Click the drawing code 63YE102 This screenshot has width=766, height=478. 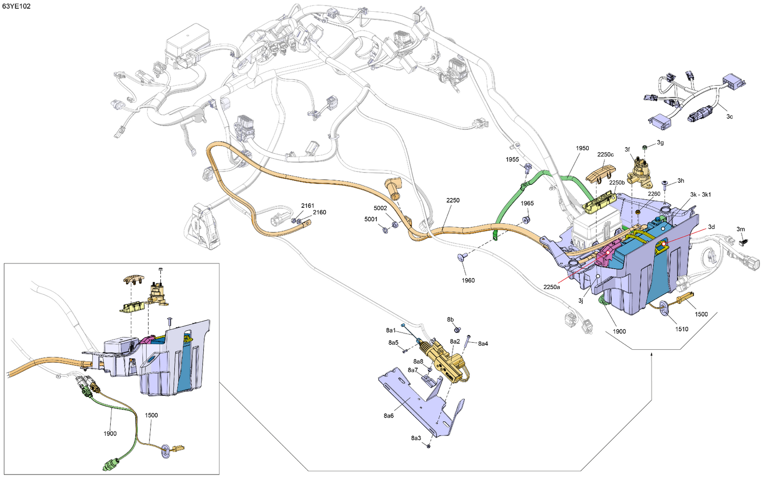point(16,6)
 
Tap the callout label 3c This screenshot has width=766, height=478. point(729,116)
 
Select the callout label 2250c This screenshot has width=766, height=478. point(605,155)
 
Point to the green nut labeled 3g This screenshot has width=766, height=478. point(645,148)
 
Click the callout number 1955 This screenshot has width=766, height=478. point(512,159)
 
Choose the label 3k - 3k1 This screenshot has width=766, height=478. point(700,195)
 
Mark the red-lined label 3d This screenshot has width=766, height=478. point(711,227)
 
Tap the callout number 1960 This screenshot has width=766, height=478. point(468,280)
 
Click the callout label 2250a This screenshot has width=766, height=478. point(552,287)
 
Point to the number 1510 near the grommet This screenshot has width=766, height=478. point(682,329)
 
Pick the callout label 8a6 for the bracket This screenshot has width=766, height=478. point(389,416)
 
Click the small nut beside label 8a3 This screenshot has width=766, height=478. point(428,446)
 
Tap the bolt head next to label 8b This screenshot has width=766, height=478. point(457,329)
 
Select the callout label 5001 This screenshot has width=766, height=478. point(371,219)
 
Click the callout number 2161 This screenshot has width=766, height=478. point(307,205)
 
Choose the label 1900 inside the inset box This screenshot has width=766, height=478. point(110,434)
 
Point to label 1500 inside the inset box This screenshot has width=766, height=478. point(152,415)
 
